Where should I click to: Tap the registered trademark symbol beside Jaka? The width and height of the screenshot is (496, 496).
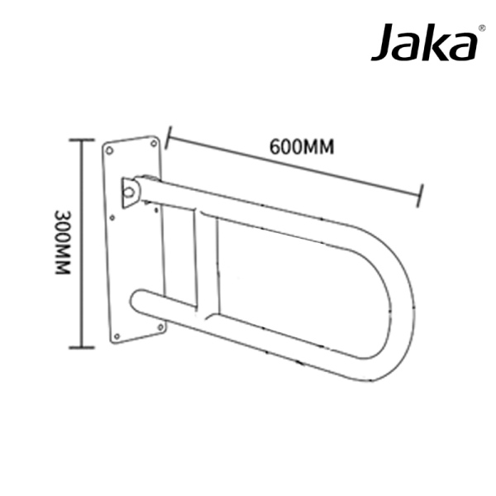[482, 27]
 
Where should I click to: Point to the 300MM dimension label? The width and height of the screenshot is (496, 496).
[62, 244]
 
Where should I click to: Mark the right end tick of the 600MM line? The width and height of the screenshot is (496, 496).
[422, 195]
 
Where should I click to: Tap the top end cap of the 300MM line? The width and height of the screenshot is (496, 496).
[80, 140]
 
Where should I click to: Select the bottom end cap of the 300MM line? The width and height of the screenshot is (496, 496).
[80, 348]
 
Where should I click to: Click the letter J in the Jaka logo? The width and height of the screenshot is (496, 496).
[384, 43]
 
